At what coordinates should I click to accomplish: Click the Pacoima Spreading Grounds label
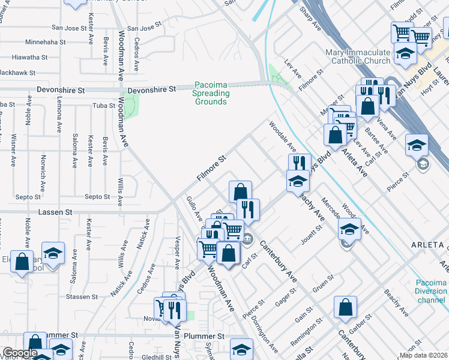[211, 94]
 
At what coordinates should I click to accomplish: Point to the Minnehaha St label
[45, 43]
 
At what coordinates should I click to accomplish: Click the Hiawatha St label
[28, 58]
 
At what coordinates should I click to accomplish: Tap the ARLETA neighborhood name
[427, 245]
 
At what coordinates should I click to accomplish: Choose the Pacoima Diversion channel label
[431, 291]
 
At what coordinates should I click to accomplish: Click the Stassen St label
[82, 297]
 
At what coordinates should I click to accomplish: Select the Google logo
[20, 353]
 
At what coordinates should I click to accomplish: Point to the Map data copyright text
[423, 355]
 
